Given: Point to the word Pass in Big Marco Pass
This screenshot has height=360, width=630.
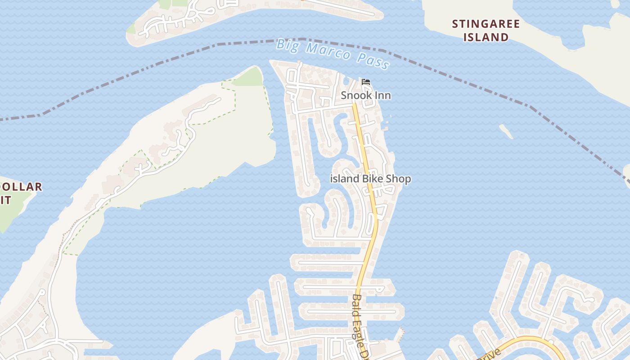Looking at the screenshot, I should click(374, 61).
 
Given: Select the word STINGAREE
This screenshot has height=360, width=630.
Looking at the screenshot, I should click(486, 24).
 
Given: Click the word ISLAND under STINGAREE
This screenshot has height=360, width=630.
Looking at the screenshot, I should click(486, 37).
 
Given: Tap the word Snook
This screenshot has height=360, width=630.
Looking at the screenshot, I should click(356, 95).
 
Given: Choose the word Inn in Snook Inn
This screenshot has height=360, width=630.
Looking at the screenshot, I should click(382, 95).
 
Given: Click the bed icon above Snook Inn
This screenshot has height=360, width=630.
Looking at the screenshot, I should click(366, 82).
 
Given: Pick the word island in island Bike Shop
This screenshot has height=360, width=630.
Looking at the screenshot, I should click(345, 179).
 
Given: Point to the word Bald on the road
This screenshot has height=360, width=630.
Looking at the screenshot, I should click(356, 303).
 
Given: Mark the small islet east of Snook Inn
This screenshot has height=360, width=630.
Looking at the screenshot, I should click(506, 131).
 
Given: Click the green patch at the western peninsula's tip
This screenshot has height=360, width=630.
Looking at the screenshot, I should click(247, 78).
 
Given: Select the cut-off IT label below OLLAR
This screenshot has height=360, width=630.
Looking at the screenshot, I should click(5, 200).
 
